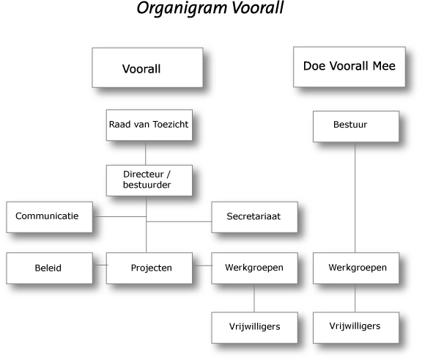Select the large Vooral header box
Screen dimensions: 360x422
pos(147,68)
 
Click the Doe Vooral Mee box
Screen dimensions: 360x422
pos(349,67)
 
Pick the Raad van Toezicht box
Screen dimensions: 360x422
pos(149,125)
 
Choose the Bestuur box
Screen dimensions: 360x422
pos(355,125)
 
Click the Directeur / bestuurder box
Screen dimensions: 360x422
pos(149,180)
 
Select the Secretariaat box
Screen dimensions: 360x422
pos(253,216)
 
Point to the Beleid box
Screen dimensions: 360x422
pos(49,268)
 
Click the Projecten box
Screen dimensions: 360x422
pos(149,268)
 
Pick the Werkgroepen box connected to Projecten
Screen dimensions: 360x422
pos(253,268)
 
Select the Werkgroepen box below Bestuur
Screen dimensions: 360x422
pos(355,268)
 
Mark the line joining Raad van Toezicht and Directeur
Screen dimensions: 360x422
pos(147,153)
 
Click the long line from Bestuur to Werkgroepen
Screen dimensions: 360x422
pos(355,198)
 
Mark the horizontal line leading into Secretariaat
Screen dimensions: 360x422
pos(179,221)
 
